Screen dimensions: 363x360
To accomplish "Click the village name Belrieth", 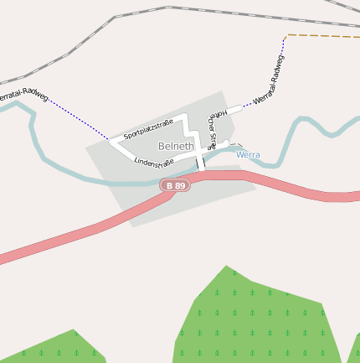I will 176,146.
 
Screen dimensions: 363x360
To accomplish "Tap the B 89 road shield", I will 175,185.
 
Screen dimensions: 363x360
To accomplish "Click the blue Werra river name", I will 248,155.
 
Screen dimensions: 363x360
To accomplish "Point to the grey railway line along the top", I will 167,8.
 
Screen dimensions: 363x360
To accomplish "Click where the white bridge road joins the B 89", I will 202,174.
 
